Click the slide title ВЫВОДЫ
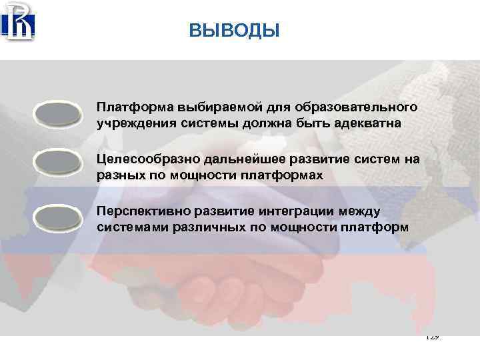pyautogui.click(x=234, y=31)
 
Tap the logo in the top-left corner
pyautogui.click(x=18, y=22)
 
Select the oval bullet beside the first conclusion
pyautogui.click(x=57, y=113)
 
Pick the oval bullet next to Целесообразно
pyautogui.click(x=57, y=164)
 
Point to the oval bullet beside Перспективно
pyautogui.click(x=57, y=218)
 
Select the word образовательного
pyautogui.click(x=347, y=107)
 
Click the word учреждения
pyautogui.click(x=130, y=123)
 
